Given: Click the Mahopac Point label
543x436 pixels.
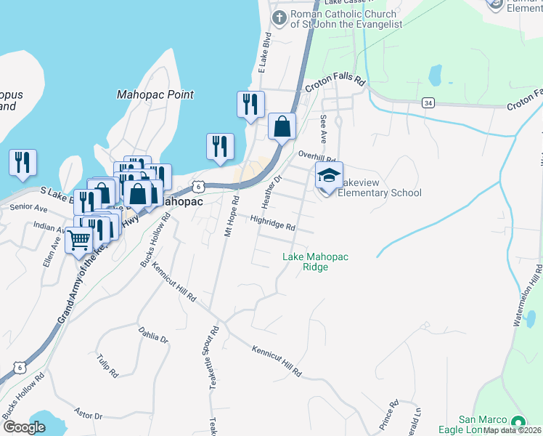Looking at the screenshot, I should (x=155, y=94).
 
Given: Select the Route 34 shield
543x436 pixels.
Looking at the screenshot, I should (x=428, y=102).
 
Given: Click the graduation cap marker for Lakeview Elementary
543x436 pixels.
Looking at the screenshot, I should (x=329, y=176).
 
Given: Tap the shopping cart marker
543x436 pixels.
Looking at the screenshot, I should (x=79, y=238).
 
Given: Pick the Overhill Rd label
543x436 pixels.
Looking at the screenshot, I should (x=317, y=158).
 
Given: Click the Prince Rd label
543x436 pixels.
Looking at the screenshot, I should (x=389, y=413).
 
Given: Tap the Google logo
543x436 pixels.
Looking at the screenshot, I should (x=24, y=427).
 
